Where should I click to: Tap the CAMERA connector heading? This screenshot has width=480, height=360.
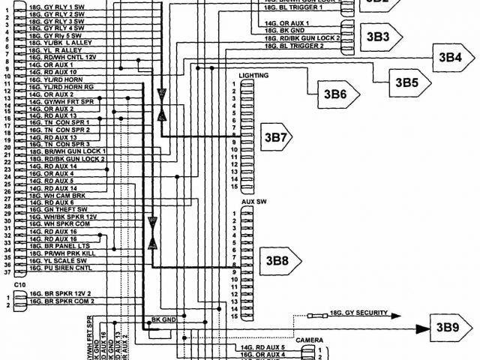309,340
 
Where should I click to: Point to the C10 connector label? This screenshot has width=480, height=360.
19,285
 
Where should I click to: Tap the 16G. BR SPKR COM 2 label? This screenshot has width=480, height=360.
61,301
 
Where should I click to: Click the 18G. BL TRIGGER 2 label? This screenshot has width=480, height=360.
294,46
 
